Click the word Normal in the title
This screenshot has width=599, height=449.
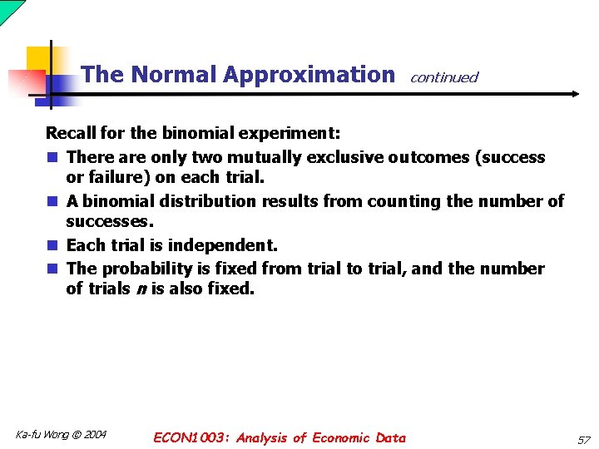pyautogui.click(x=174, y=75)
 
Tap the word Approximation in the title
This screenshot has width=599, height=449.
pyautogui.click(x=309, y=75)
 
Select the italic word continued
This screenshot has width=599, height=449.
pyautogui.click(x=443, y=77)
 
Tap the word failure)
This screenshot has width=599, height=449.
pyautogui.click(x=118, y=177)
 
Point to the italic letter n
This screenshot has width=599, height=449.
pyautogui.click(x=140, y=289)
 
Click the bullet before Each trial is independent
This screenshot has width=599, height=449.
pyautogui.click(x=52, y=246)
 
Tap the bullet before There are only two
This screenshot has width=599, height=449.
pyautogui.click(x=52, y=157)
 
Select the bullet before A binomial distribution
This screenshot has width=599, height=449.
pyautogui.click(x=52, y=201)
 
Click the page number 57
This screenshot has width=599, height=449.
pyautogui.click(x=583, y=439)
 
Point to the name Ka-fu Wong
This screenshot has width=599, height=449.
pyautogui.click(x=42, y=434)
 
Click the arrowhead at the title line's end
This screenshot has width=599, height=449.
pyautogui.click(x=575, y=94)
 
